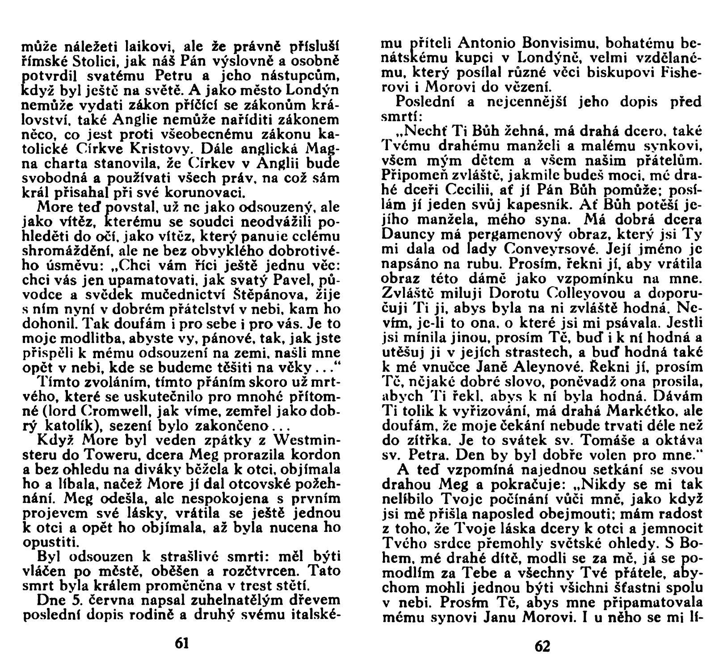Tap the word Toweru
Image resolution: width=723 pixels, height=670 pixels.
point(87,457)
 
